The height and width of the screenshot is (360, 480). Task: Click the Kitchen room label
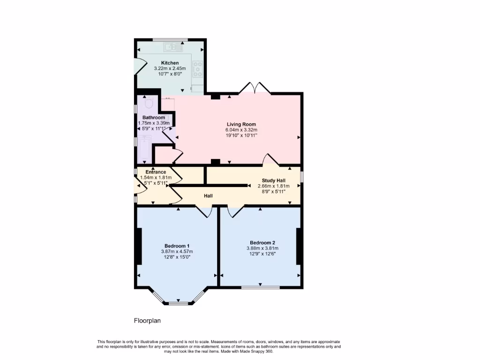[170, 63]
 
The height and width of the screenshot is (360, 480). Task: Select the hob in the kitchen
[198, 69]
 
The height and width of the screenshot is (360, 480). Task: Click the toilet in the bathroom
[149, 103]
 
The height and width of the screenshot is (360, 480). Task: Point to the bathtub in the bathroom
[143, 148]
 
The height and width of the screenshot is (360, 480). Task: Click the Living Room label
[241, 124]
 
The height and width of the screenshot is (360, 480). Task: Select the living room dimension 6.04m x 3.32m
[241, 130]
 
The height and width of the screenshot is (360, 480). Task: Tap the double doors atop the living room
[255, 88]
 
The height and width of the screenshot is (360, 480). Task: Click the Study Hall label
[274, 180]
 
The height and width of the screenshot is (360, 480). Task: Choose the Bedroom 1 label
[177, 246]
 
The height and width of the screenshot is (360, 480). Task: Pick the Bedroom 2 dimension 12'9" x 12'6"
[262, 254]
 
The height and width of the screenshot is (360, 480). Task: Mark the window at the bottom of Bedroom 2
[261, 287]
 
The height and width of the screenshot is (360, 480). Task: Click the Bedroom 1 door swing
[204, 212]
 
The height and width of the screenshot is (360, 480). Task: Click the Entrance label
[156, 172]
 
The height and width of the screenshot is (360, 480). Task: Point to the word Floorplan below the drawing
[147, 321]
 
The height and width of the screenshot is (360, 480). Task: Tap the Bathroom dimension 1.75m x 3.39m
[153, 123]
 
